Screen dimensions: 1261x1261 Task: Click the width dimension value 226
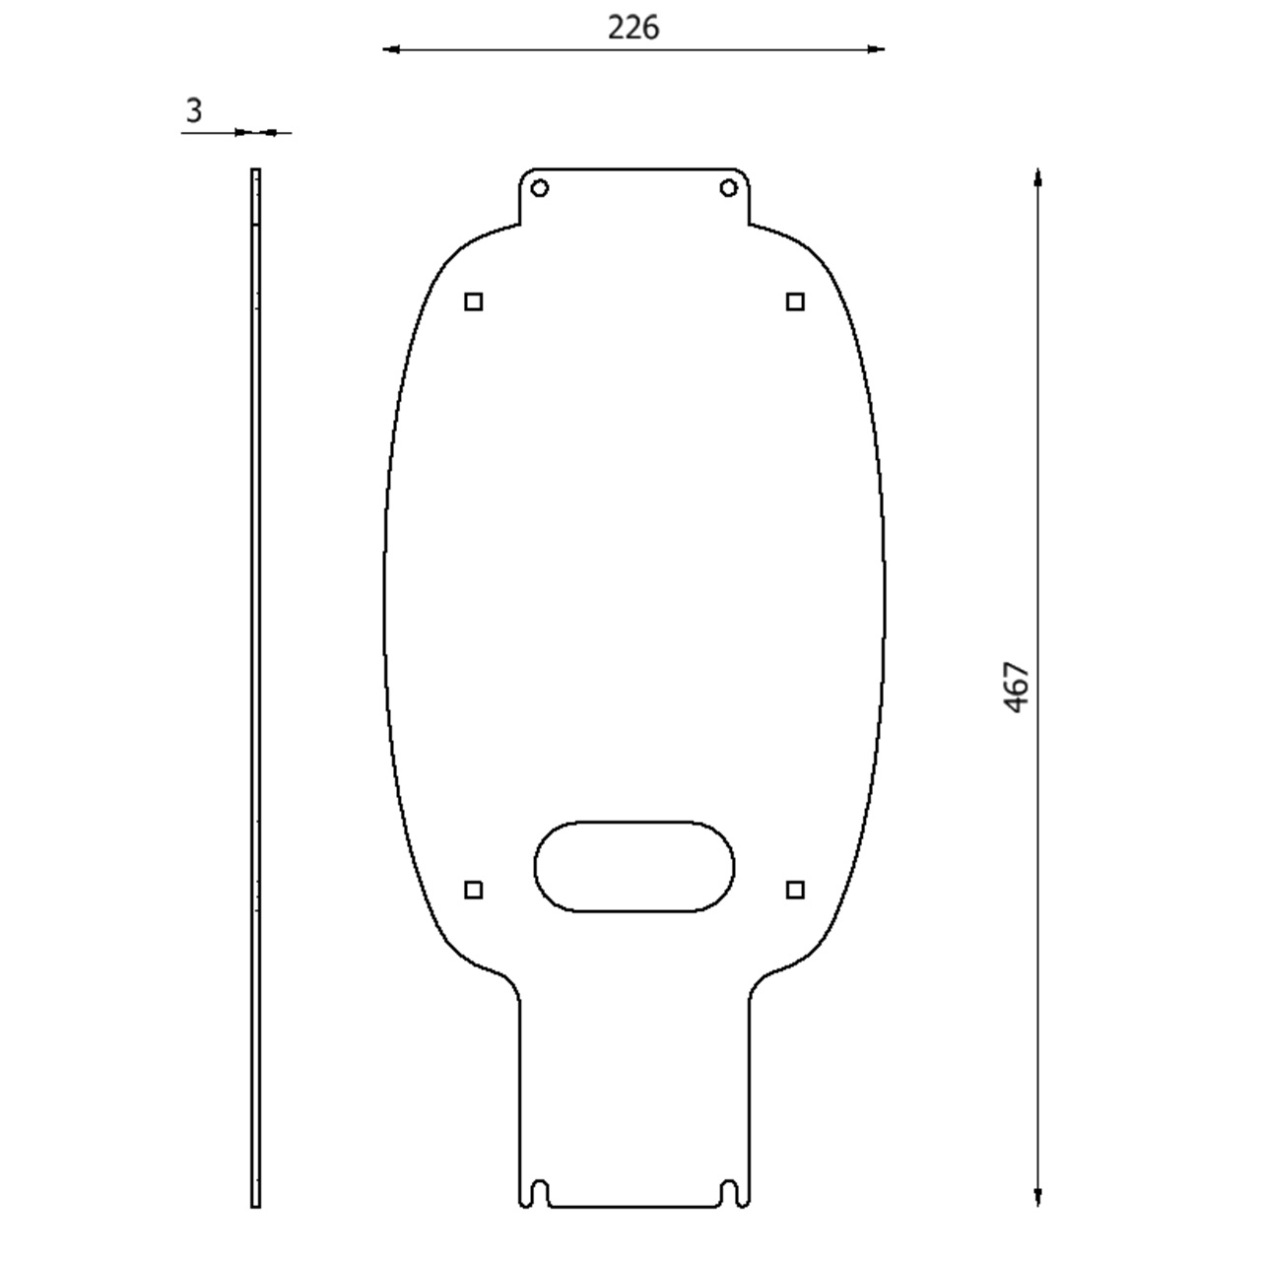(x=632, y=29)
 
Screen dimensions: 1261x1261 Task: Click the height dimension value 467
(x=1017, y=687)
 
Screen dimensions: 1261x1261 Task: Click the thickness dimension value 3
(x=194, y=110)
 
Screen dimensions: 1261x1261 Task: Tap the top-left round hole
(x=539, y=188)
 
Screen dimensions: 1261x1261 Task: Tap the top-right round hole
(x=728, y=188)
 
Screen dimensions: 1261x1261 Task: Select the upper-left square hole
(x=474, y=301)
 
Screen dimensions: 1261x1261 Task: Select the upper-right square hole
(x=795, y=301)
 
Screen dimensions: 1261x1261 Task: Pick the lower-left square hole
(x=474, y=890)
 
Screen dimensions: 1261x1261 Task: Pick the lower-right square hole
(x=795, y=890)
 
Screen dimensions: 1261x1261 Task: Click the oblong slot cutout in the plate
(x=634, y=822)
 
